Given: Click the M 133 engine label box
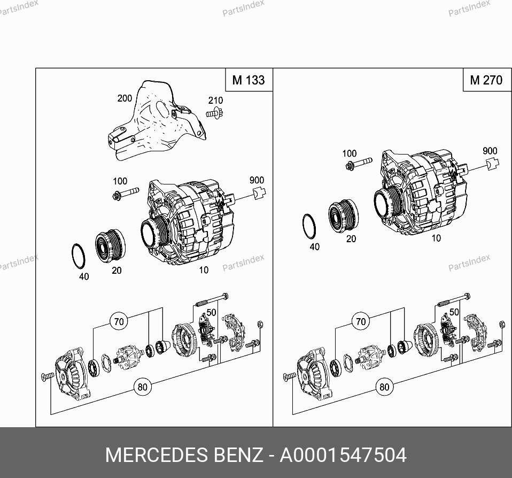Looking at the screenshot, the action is (x=249, y=80).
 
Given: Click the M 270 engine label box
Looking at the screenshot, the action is (x=486, y=80).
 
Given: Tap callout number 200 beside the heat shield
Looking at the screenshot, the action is (x=125, y=98).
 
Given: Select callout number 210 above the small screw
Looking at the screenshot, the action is (x=215, y=101).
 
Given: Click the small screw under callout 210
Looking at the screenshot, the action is (x=214, y=113).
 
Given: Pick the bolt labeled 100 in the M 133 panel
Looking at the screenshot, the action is (x=126, y=194).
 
